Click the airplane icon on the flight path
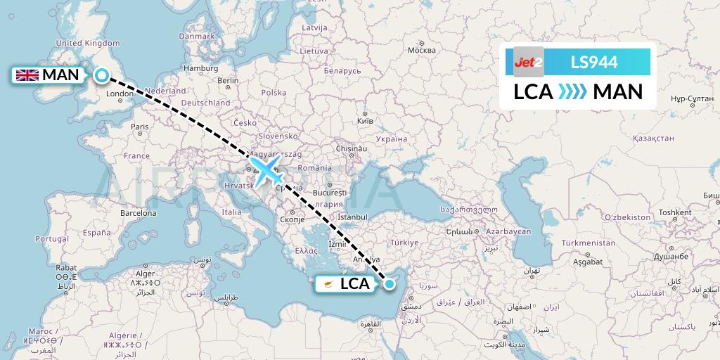(266, 170)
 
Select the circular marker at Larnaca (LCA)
(389, 283)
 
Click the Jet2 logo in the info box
(528, 63)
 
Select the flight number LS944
(594, 63)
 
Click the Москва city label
(422, 51)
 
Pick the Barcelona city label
(139, 212)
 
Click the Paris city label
(140, 127)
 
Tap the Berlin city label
(229, 81)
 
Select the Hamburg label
(201, 68)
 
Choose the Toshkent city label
(675, 212)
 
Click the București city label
(330, 192)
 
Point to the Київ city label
(366, 121)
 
